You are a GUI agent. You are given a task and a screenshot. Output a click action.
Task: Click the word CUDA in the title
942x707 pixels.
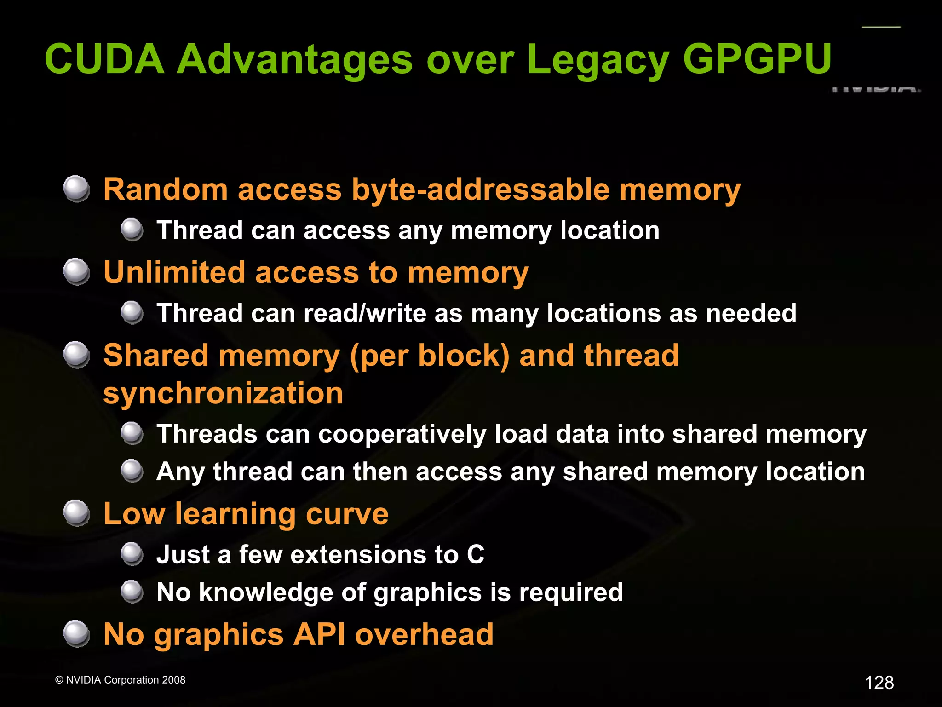coord(104,59)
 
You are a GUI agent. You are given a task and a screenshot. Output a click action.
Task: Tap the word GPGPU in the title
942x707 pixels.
coord(758,59)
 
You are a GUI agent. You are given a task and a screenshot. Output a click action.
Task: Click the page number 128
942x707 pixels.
coord(879,683)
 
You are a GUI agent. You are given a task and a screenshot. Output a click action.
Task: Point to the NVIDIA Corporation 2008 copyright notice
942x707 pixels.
coord(120,680)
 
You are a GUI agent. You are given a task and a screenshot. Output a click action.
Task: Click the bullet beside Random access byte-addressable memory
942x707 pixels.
coord(76,189)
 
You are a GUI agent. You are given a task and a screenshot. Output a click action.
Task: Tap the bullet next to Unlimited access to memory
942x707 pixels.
coord(76,271)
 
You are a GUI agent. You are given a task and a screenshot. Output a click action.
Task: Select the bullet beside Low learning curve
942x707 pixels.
coord(76,513)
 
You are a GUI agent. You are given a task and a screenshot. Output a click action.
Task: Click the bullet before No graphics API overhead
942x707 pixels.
coord(76,633)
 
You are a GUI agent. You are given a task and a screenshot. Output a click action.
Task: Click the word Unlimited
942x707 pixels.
coord(174,272)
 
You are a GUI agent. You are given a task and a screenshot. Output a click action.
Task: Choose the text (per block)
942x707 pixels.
coord(430,356)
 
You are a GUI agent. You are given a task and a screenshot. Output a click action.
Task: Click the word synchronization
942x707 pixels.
coord(223,393)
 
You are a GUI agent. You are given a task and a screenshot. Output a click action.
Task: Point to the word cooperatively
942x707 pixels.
coord(402,434)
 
